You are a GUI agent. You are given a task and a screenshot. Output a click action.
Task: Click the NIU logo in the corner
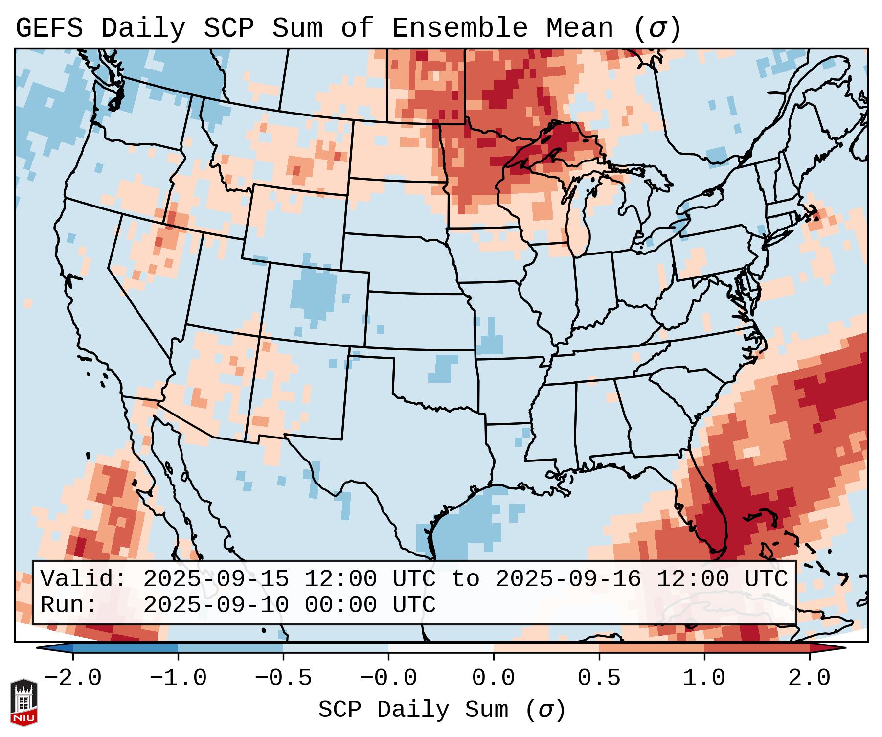23,702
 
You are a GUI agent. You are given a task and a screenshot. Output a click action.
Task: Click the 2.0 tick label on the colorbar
809,678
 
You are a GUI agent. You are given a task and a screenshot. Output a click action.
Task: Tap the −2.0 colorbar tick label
73,678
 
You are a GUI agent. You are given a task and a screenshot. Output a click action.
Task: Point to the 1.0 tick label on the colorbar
704,678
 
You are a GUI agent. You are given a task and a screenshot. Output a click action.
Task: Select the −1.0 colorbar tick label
178,678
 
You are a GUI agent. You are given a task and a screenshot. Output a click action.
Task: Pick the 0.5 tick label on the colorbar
599,678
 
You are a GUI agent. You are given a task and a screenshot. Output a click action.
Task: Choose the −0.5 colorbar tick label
283,678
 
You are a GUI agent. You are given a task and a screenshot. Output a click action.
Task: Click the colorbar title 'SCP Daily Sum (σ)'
442,710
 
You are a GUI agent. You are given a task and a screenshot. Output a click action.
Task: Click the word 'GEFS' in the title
49,28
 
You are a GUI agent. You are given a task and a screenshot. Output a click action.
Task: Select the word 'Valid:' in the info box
84,579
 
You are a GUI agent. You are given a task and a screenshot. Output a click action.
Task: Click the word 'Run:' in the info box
69,605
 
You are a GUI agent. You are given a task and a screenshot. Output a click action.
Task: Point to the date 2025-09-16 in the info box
568,579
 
